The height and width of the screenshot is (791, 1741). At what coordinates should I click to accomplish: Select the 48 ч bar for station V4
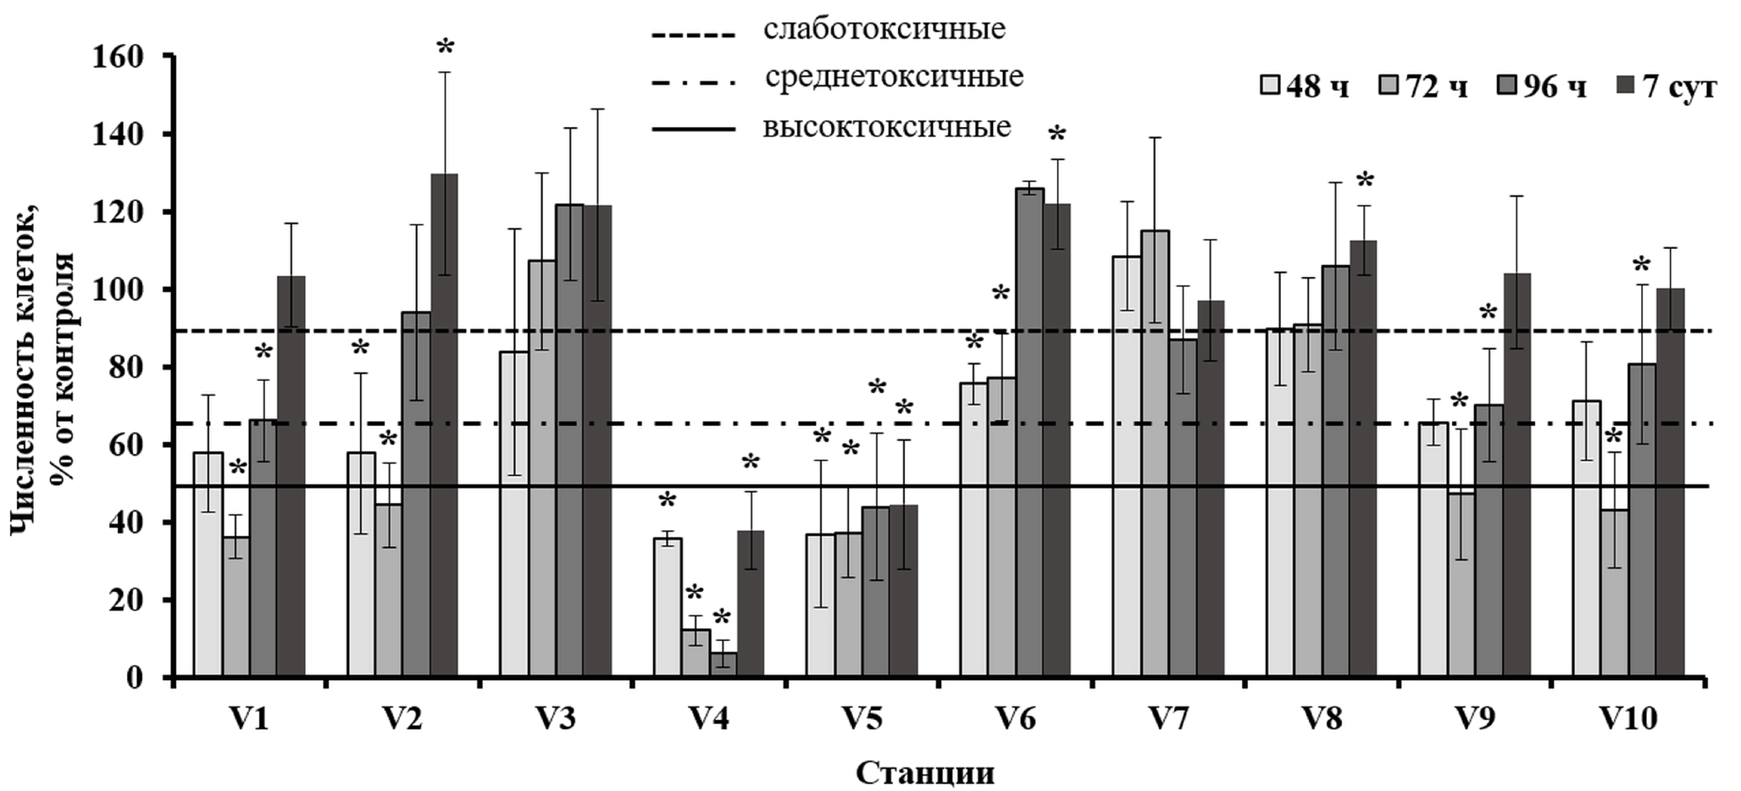point(668,607)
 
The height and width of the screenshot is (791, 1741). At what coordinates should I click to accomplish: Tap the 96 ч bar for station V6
point(1029,433)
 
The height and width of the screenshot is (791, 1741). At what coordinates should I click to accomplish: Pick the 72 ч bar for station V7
point(1154,454)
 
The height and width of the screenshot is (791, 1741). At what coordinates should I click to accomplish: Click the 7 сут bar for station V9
point(1516,475)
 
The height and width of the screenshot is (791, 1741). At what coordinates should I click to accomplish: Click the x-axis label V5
point(862,719)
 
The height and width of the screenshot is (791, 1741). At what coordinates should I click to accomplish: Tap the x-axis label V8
point(1322,719)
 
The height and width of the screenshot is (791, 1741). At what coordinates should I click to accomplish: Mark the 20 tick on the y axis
point(131,600)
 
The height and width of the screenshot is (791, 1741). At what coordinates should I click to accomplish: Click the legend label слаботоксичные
point(884,30)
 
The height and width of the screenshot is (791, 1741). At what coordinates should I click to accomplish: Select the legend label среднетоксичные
point(894,77)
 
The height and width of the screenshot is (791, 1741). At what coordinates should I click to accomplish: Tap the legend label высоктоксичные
point(887,127)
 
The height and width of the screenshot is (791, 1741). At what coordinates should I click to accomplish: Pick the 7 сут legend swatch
point(1627,86)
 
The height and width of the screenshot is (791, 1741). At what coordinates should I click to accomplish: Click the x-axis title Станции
point(924,772)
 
